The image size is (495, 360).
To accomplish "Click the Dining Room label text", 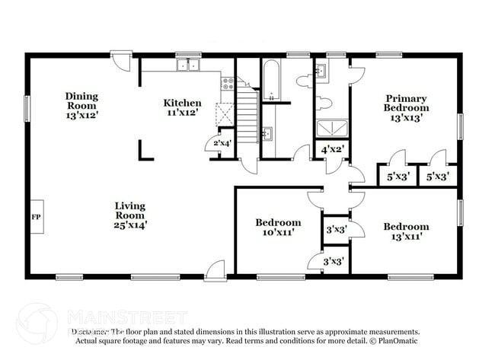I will [x=81, y=101].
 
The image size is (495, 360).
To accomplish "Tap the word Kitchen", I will [x=183, y=103].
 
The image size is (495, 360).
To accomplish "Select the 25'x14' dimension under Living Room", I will [x=129, y=225].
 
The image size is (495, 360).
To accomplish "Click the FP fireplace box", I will [x=36, y=216].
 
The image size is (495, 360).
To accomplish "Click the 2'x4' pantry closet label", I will [x=222, y=143].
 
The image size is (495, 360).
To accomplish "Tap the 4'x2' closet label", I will [x=332, y=150].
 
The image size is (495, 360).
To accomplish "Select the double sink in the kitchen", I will [x=187, y=66].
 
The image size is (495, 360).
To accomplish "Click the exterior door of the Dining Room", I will [x=120, y=58].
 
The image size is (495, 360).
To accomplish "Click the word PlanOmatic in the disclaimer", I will [x=396, y=342].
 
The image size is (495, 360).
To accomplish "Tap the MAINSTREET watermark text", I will [x=126, y=317].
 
